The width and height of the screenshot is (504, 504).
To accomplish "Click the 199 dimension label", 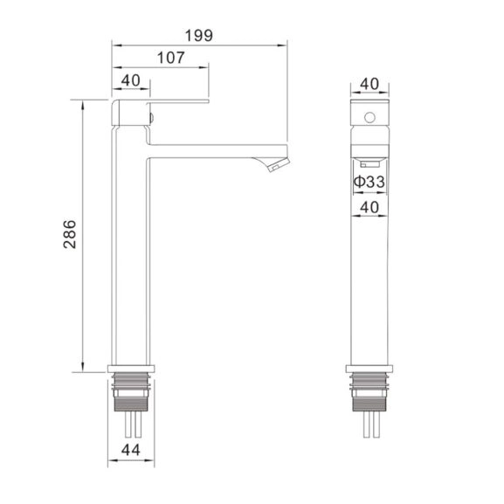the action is click(x=199, y=35).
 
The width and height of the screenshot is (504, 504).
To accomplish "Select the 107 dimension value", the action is click(x=170, y=58).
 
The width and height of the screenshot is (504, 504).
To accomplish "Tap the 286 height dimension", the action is click(x=70, y=234).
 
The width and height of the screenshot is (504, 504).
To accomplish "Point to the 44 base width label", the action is click(x=131, y=450).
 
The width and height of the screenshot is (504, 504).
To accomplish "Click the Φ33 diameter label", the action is click(x=369, y=182).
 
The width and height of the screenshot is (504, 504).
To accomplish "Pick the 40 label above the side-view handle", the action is click(x=131, y=80).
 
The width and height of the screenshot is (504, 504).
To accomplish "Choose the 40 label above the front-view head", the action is click(x=369, y=84).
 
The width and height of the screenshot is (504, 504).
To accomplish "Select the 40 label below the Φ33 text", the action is click(x=369, y=207).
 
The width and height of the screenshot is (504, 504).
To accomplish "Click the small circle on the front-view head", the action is click(x=369, y=118).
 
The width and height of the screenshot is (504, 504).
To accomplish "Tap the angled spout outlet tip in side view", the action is click(x=279, y=165).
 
